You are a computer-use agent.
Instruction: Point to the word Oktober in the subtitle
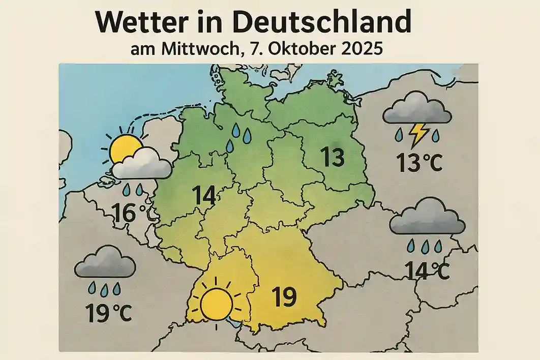(x=299, y=51)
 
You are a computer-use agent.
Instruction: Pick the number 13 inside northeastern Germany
(x=333, y=158)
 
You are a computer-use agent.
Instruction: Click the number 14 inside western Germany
(x=204, y=196)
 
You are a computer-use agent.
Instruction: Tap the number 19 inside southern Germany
(x=284, y=296)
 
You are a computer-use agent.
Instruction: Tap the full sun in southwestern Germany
(x=216, y=304)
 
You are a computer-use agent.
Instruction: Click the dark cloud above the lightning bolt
(x=417, y=108)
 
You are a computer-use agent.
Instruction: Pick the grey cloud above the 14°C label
(x=428, y=217)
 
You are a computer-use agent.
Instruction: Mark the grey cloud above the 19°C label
(x=105, y=263)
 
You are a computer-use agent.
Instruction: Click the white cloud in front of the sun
(x=142, y=164)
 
